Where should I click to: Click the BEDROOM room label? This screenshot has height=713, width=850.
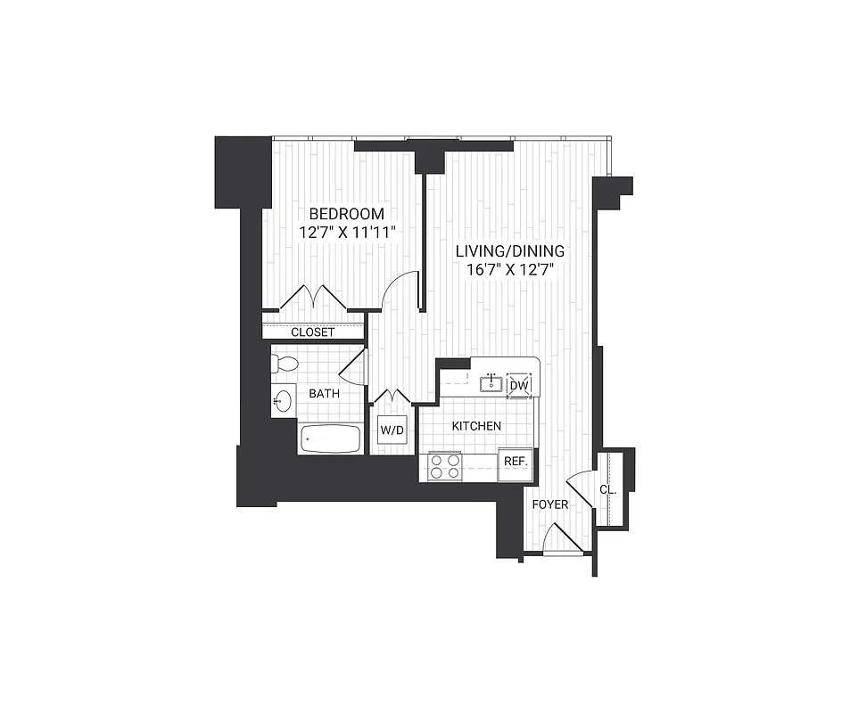(346, 214)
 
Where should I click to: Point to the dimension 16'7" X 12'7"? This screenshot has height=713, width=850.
(508, 270)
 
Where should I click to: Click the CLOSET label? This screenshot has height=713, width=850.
(313, 332)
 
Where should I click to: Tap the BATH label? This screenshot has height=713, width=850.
(324, 393)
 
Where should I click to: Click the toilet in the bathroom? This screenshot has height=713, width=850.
(285, 364)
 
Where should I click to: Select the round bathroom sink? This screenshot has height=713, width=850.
(283, 401)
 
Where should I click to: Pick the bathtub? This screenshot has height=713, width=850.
(331, 438)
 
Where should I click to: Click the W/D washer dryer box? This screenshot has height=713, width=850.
(392, 431)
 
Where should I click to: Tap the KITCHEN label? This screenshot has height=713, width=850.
(476, 426)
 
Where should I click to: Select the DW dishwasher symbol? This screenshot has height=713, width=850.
(519, 385)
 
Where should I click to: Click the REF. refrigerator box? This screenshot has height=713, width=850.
(516, 462)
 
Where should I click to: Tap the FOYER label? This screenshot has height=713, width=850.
(550, 504)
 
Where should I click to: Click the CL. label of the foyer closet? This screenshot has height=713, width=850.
(607, 489)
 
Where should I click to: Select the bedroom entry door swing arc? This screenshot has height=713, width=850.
(400, 290)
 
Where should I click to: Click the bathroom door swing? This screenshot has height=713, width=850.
(354, 368)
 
